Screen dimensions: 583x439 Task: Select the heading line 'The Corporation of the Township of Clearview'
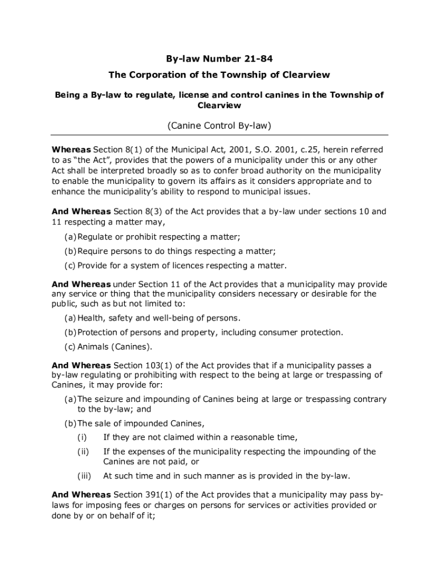click(x=219, y=75)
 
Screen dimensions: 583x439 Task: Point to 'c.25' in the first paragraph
click(x=305, y=150)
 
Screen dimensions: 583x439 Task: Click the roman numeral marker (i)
click(x=82, y=437)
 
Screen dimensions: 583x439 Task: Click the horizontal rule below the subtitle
click(x=219, y=135)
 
